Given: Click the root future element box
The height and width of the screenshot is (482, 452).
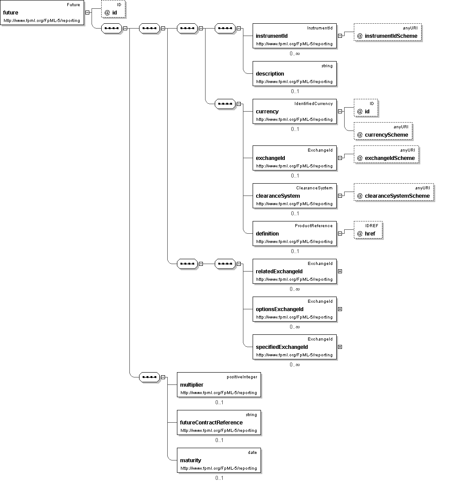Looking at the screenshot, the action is pyautogui.click(x=42, y=13).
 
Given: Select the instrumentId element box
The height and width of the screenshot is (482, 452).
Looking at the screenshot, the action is pyautogui.click(x=295, y=36).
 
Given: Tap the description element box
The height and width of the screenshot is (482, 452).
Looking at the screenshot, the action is pyautogui.click(x=295, y=73).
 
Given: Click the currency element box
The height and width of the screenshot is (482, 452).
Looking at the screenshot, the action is pyautogui.click(x=295, y=111).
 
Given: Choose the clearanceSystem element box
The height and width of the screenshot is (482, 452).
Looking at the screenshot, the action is pyautogui.click(x=295, y=196).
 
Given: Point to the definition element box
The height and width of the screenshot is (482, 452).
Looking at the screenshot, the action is pyautogui.click(x=295, y=234).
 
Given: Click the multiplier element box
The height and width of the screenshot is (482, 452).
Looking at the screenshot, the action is pyautogui.click(x=219, y=384).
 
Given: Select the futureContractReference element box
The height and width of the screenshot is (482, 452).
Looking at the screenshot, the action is pyautogui.click(x=219, y=422).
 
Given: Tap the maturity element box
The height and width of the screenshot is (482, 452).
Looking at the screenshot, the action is pyautogui.click(x=219, y=460).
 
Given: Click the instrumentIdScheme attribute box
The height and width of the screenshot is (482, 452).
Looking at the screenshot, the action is pyautogui.click(x=388, y=32).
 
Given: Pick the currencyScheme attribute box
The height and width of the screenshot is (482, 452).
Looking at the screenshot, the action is pyautogui.click(x=383, y=131).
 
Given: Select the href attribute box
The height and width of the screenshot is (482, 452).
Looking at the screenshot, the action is pyautogui.click(x=368, y=230).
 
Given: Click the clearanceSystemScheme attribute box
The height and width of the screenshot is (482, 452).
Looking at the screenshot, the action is pyautogui.click(x=394, y=192).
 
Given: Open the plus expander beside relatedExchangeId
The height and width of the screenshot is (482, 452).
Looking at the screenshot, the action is pyautogui.click(x=340, y=271).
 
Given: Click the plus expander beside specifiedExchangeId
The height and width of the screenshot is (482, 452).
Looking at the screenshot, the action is pyautogui.click(x=340, y=347).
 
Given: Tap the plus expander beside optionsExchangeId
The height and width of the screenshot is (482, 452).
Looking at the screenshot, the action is pyautogui.click(x=340, y=309).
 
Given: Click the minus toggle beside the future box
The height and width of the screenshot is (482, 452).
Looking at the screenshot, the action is pyautogui.click(x=88, y=13).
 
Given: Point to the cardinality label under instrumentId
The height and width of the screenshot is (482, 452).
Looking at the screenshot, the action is pyautogui.click(x=295, y=54).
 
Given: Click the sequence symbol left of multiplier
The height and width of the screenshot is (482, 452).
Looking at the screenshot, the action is pyautogui.click(x=149, y=377).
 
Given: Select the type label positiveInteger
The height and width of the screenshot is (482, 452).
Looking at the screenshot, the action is pyautogui.click(x=242, y=377).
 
